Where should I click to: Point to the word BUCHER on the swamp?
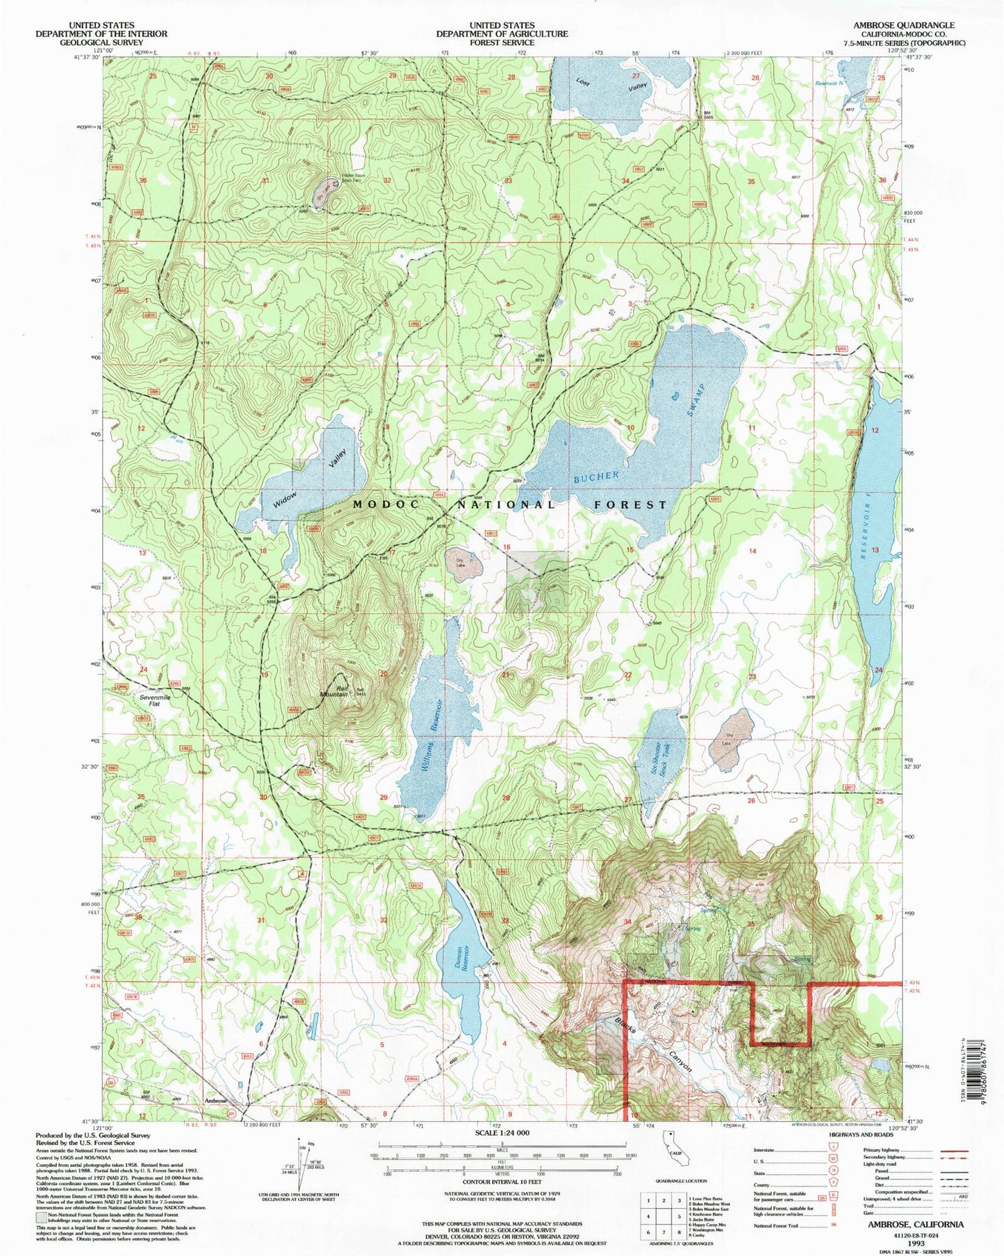595,477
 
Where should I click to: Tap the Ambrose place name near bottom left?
216,1100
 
